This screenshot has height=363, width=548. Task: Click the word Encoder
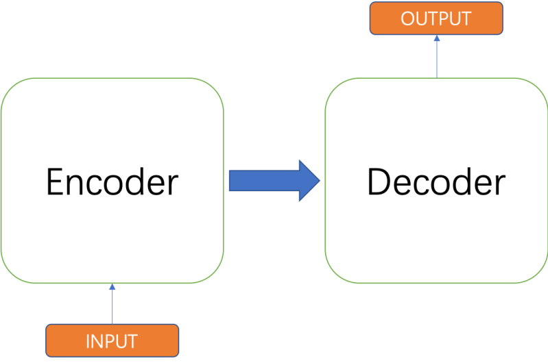(112, 182)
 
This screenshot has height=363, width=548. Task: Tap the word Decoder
(436, 182)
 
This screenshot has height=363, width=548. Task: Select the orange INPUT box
(112, 340)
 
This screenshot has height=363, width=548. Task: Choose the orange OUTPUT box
(436, 18)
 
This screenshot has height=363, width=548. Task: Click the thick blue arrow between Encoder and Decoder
(274, 181)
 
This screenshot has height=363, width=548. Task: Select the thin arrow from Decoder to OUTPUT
(436, 58)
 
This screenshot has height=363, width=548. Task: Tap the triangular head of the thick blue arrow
(310, 181)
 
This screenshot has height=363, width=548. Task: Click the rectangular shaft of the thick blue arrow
(264, 181)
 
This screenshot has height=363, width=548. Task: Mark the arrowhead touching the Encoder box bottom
(112, 288)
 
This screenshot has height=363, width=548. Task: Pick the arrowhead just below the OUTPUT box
(436, 39)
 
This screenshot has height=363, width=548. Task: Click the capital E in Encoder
(55, 182)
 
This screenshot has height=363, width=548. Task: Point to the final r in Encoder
(172, 185)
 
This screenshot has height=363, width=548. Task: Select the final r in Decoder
(500, 185)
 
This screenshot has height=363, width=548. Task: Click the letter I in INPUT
(88, 341)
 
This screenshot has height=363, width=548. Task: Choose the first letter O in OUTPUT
(409, 18)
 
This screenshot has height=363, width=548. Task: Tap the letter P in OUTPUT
(449, 18)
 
